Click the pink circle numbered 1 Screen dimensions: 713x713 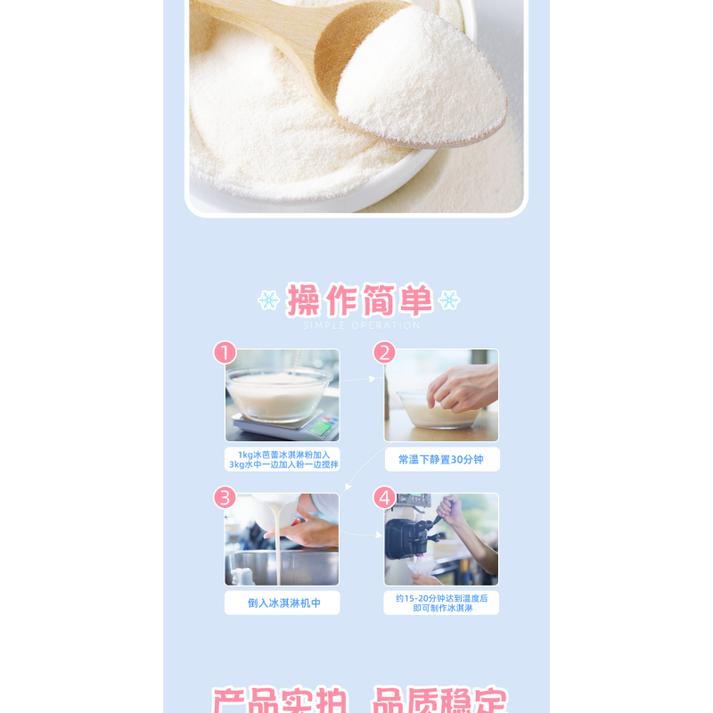tap(225, 353)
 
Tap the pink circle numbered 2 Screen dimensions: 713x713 tap(384, 353)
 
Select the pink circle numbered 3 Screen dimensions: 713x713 tap(225, 497)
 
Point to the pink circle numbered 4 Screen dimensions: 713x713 tap(384, 497)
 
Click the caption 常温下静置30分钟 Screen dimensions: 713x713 tap(441, 460)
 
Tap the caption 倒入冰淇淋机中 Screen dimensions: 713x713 tap(283, 603)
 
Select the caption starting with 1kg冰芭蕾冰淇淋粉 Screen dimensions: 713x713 tap(283, 460)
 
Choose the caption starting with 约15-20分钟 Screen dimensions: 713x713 tap(441, 602)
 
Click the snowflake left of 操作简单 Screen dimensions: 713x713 tap(268, 300)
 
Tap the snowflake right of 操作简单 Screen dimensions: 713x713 tap(449, 300)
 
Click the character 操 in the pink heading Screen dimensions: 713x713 tap(303, 301)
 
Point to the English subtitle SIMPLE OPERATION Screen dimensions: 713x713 tap(361, 325)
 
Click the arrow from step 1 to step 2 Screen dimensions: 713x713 tap(360, 380)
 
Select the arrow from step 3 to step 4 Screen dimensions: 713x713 tap(361, 535)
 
